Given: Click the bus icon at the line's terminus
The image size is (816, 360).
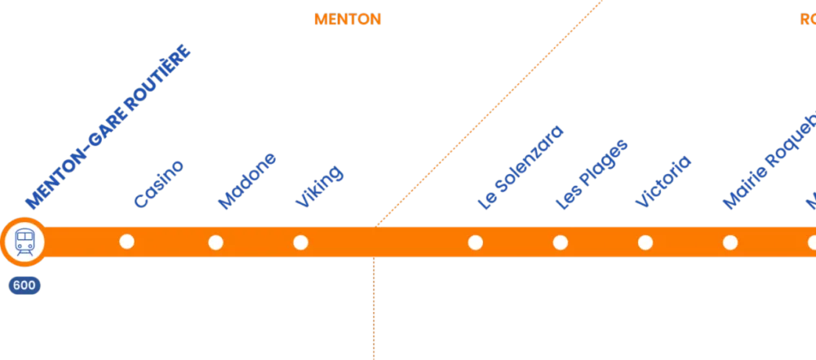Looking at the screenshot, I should [x=24, y=242].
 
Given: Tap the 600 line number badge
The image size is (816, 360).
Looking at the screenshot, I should [x=24, y=286].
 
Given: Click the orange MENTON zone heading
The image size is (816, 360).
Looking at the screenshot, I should [x=348, y=20].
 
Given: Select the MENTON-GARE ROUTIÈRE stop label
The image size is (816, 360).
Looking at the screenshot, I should [x=109, y=127].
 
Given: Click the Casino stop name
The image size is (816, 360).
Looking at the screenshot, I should [x=158, y=184].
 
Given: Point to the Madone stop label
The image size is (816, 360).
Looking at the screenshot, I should [x=248, y=181].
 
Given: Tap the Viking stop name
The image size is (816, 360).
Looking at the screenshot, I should [x=319, y=186].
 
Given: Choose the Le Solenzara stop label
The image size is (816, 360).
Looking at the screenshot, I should [x=521, y=169].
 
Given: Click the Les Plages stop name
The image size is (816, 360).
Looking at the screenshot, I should [x=592, y=175].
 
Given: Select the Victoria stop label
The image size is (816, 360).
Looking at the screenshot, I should [x=663, y=181].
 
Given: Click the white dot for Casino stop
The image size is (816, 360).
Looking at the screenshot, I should [x=126, y=242].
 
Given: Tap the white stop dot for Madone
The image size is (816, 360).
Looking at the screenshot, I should [x=215, y=242].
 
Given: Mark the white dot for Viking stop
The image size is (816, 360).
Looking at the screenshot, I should [x=300, y=242].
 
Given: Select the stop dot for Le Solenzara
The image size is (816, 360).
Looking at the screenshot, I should [x=475, y=242].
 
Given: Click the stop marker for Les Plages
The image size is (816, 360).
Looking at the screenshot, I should [x=560, y=242].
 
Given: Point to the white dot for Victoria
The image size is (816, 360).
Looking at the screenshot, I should [x=645, y=242].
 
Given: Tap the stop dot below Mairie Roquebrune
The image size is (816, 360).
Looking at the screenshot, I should [x=730, y=242].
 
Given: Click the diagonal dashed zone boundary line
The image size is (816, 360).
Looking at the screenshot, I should [x=490, y=112].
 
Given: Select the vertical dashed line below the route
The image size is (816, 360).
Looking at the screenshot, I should [x=374, y=310].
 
